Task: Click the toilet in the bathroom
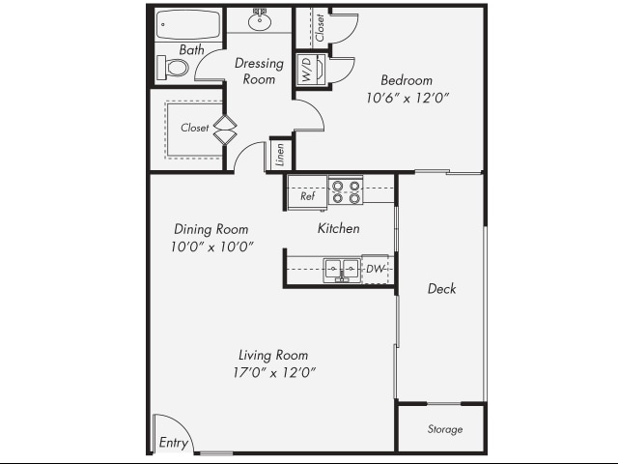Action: point(174,68)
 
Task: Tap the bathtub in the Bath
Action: point(188,24)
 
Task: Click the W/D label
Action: point(306,72)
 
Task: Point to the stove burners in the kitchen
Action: point(345,190)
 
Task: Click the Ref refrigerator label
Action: point(307,196)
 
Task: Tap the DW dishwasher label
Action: point(375,268)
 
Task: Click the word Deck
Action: point(441,288)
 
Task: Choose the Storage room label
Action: point(444,429)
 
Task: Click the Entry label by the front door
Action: point(174,444)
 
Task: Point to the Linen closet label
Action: point(280,155)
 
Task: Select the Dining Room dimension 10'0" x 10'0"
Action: point(211,246)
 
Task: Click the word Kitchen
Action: point(338,229)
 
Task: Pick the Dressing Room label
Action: point(260,72)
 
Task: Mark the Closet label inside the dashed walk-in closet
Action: point(194,128)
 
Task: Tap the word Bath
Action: point(190,49)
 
